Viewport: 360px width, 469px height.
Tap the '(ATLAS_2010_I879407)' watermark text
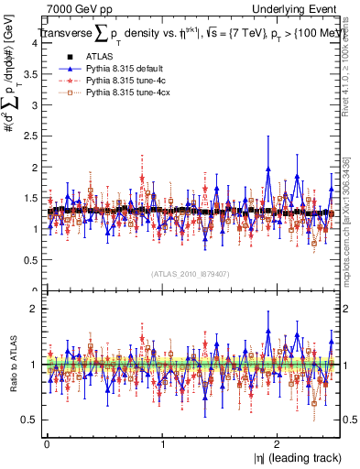[x=190, y=272]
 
